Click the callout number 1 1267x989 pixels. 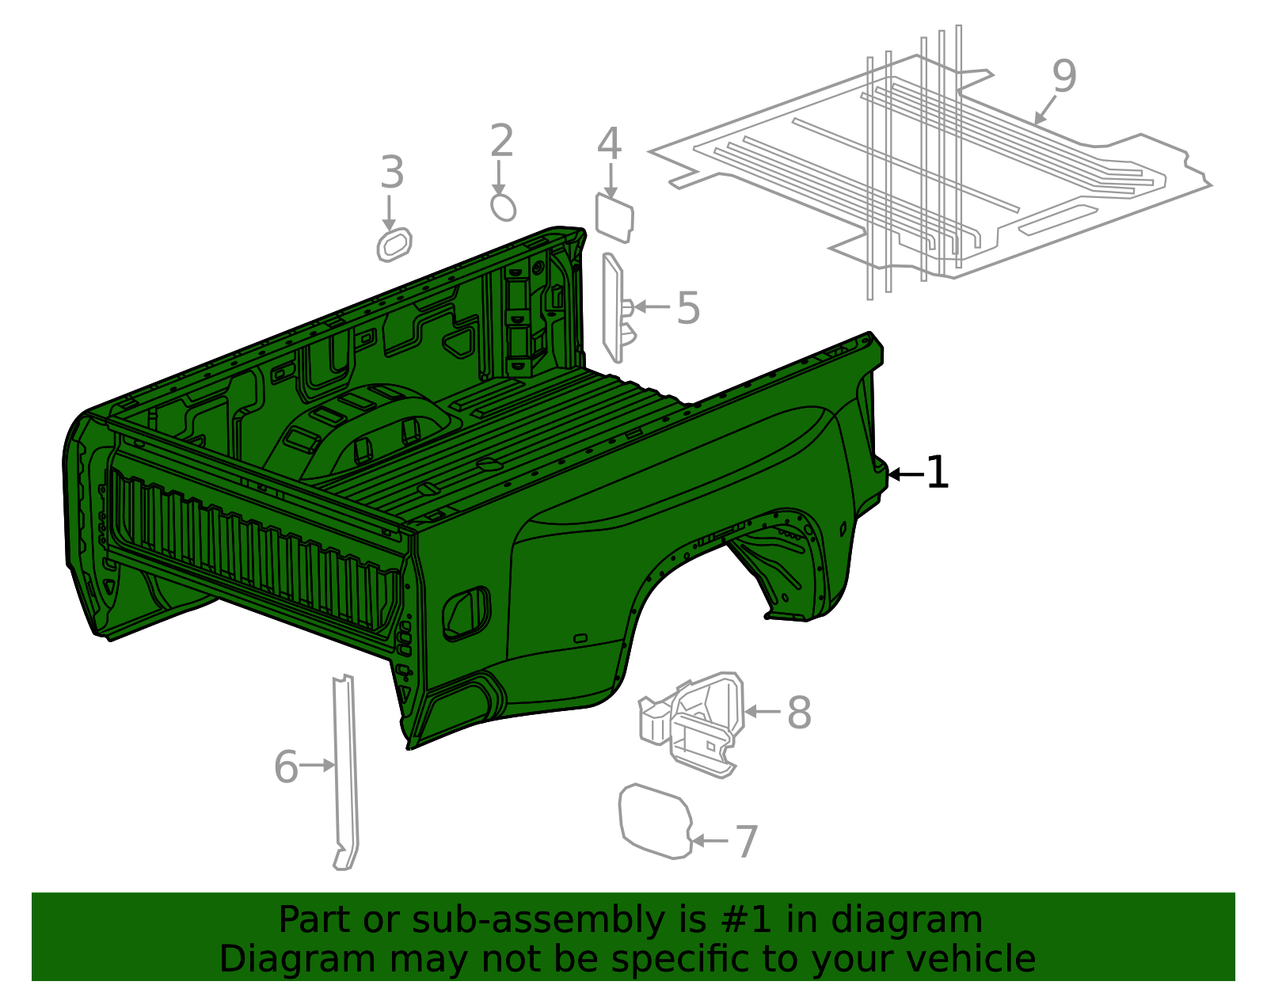click(937, 473)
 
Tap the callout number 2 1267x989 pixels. click(501, 142)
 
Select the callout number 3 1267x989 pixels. click(392, 173)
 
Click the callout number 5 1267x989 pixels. click(688, 308)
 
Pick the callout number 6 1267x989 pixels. click(286, 766)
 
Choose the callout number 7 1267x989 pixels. click(746, 841)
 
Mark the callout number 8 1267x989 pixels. click(798, 713)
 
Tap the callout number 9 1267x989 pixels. click(1064, 76)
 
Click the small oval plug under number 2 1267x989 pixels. click(503, 207)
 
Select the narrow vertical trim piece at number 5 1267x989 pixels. click(613, 309)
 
